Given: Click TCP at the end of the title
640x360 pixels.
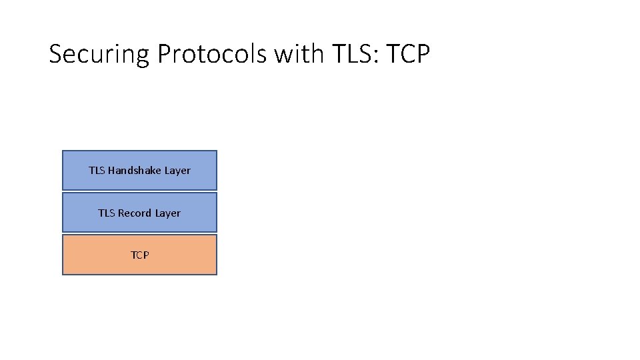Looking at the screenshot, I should click(406, 53).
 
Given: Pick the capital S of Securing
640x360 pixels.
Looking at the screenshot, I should click(57, 53).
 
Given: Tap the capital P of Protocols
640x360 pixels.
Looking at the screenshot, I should click(165, 53).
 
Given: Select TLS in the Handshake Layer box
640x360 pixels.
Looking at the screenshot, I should click(97, 171).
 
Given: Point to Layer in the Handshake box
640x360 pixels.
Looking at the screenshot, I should click(178, 171).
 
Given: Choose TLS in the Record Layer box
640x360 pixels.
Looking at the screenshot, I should click(106, 213).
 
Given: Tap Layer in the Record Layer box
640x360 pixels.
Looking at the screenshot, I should click(168, 213).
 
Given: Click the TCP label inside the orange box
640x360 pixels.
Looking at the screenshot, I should click(140, 255).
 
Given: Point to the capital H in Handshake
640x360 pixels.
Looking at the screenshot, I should click(111, 171).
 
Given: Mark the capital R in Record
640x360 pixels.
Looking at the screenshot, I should click(121, 213).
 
